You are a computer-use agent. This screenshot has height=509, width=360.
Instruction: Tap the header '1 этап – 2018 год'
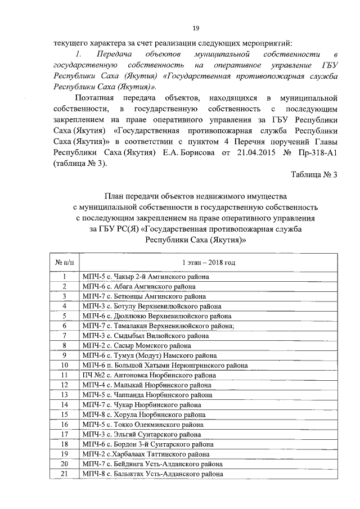[208, 263]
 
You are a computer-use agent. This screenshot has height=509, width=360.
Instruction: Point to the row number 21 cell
[65, 474]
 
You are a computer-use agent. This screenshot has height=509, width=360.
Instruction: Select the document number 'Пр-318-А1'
[316, 152]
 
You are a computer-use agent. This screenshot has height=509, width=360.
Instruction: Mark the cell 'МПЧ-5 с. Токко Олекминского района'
[146, 425]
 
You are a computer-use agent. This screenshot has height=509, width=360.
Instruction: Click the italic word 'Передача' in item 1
[114, 54]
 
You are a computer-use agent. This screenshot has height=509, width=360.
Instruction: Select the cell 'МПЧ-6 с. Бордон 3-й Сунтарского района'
[147, 444]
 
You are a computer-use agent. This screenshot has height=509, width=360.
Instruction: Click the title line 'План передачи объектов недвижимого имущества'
[196, 196]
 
